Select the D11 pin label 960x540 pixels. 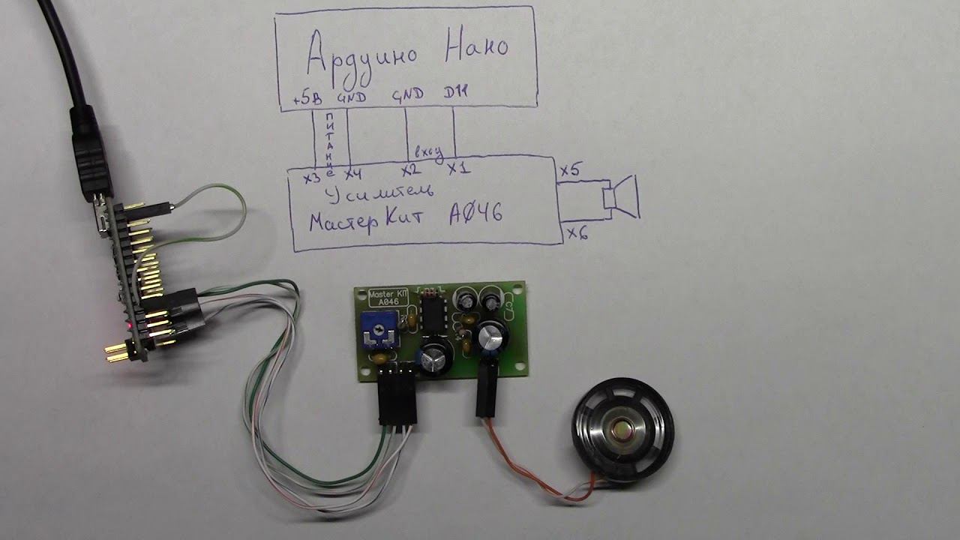(x=454, y=94)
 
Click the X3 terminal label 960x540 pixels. (x=312, y=178)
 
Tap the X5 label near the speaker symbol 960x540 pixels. (x=569, y=172)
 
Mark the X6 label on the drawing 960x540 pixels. (x=577, y=233)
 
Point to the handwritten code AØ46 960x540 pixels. (x=475, y=215)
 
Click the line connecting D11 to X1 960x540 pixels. (x=454, y=132)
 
